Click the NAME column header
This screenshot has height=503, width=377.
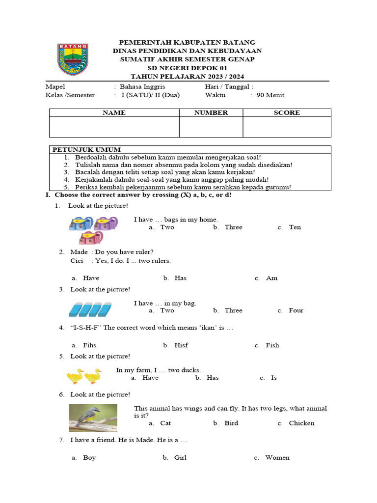114,112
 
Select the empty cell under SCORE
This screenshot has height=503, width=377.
287,127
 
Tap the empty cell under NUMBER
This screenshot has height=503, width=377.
211,127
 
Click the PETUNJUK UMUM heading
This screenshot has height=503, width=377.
87,149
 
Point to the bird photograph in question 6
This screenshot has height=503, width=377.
93,418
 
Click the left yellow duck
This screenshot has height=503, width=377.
76,376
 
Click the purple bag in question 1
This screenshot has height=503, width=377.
106,224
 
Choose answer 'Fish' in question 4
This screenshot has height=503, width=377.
272,345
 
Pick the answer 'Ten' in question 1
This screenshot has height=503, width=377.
295,227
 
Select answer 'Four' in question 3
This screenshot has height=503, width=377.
296,310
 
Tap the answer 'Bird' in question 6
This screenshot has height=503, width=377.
231,423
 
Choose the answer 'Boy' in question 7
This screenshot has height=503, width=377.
89,457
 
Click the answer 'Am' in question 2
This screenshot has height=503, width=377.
271,278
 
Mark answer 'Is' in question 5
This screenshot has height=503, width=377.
274,378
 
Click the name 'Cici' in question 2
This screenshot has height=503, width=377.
77,260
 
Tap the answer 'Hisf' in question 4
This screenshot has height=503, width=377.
181,345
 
